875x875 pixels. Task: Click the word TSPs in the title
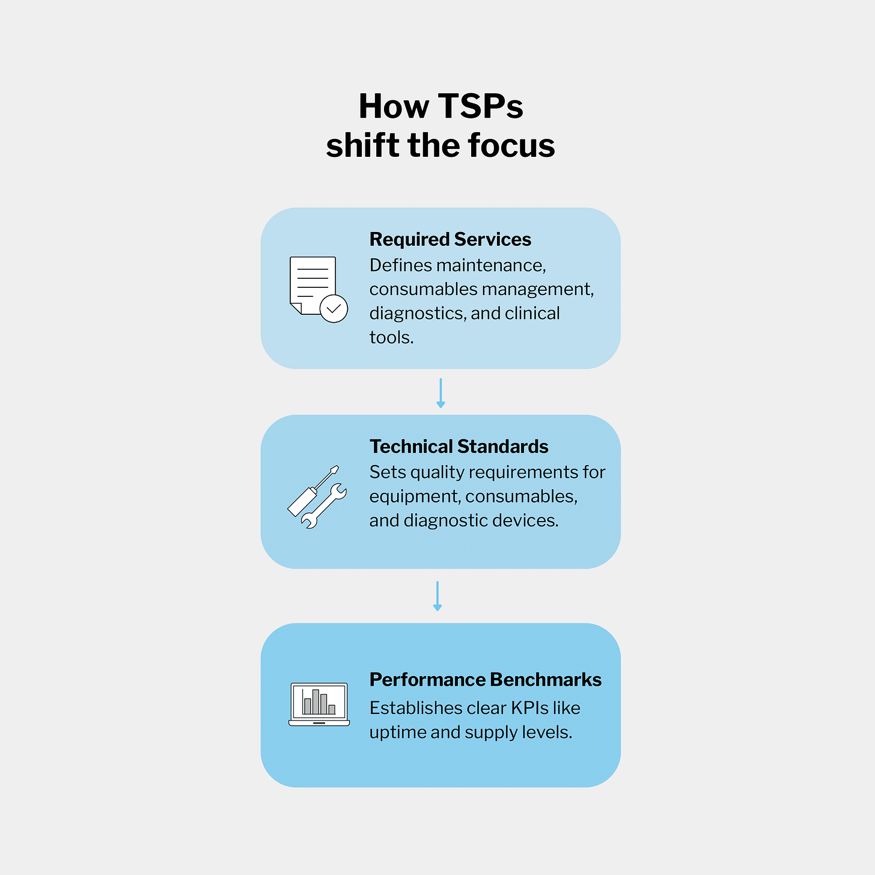(x=480, y=106)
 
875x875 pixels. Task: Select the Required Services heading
(x=450, y=239)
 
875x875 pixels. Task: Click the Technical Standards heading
(x=459, y=447)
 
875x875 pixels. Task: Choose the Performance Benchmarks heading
(x=485, y=680)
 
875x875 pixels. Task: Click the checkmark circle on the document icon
(x=334, y=309)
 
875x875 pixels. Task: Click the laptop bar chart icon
(x=319, y=704)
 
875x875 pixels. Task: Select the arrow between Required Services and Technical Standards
(x=441, y=393)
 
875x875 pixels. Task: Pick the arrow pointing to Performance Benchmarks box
(x=437, y=596)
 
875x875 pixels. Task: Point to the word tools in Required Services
(x=391, y=338)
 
